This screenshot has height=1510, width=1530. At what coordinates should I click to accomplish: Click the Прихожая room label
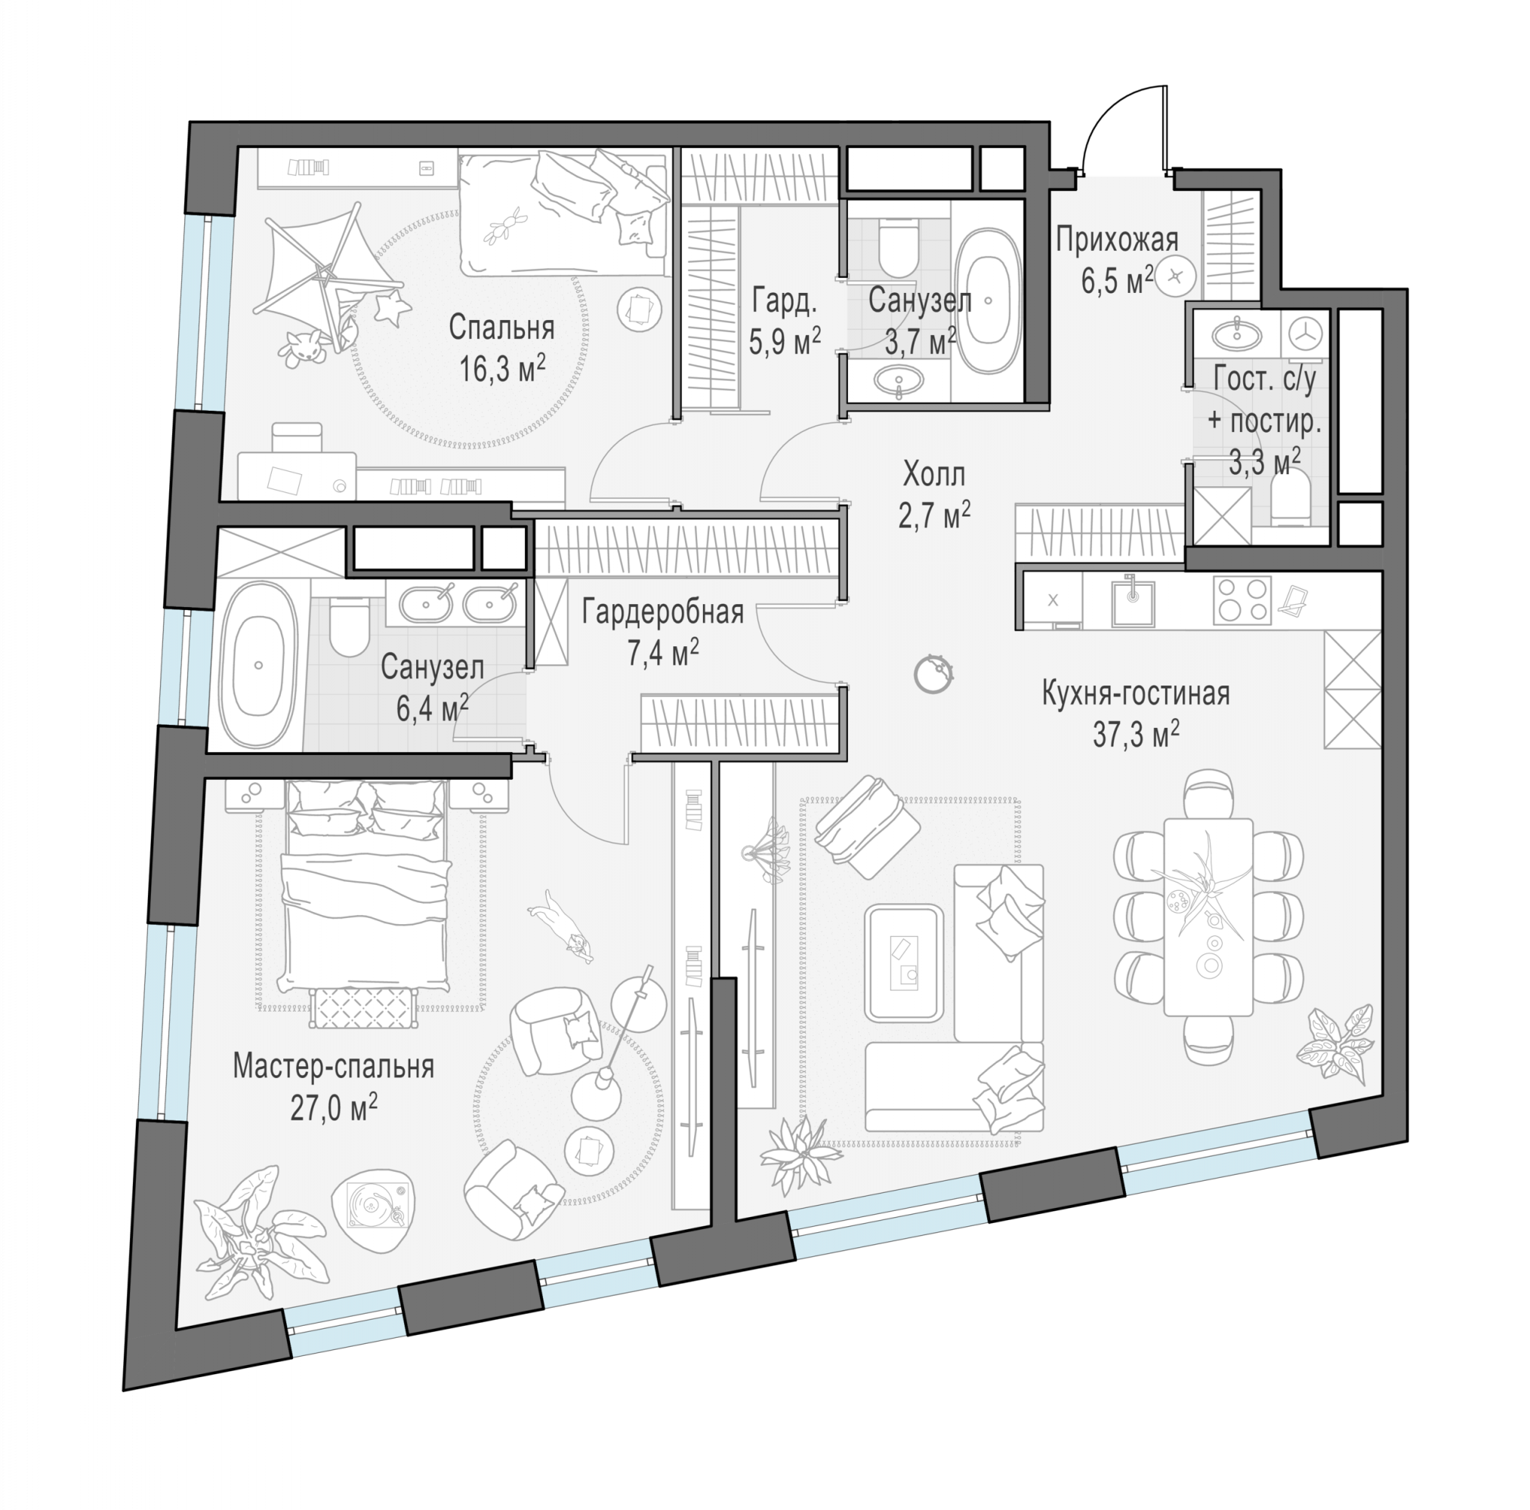point(1117,240)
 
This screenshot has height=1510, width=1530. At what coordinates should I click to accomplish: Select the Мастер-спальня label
point(333,1067)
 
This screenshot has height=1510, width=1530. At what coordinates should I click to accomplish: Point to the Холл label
point(934,474)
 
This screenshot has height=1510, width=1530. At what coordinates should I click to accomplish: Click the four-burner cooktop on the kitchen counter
point(1242,599)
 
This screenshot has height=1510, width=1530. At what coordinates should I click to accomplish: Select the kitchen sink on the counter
point(1133,601)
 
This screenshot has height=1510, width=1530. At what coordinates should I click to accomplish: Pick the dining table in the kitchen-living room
point(1208,917)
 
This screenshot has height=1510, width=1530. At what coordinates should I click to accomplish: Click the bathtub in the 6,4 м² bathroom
point(259,665)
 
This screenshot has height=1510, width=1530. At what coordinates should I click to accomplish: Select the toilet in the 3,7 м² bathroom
point(898,245)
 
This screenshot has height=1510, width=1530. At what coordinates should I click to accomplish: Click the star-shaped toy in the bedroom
point(391,307)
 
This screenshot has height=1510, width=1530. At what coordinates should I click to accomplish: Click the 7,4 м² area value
point(663,653)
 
